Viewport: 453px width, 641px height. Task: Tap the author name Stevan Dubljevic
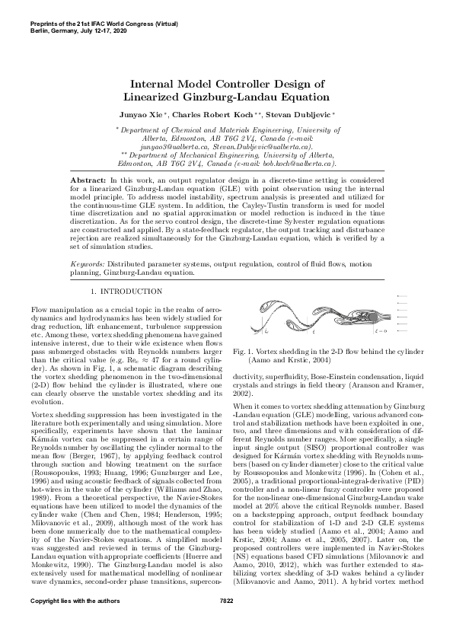tap(293, 114)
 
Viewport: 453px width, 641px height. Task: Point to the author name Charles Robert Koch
tap(211, 114)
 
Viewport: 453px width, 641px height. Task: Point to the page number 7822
tap(226, 623)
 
